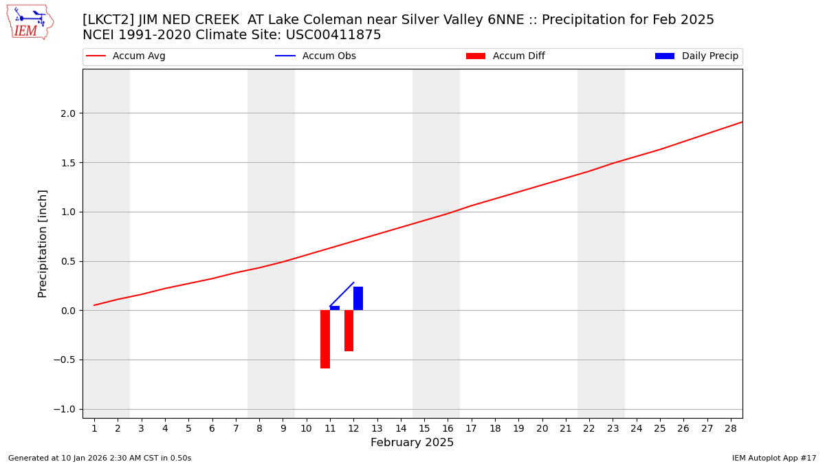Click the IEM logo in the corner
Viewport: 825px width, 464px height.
30,22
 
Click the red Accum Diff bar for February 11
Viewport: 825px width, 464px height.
325,339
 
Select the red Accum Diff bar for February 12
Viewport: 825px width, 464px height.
349,331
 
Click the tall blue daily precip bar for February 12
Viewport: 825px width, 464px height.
358,298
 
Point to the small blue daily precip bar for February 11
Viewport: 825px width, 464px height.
335,308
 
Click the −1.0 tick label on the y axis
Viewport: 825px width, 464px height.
66,410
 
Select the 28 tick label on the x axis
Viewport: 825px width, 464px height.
731,428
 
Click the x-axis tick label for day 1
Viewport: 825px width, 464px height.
94,428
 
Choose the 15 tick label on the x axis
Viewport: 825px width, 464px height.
424,428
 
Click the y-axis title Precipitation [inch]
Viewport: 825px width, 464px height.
43,243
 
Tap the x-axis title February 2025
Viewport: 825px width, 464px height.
412,443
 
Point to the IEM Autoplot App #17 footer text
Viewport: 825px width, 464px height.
773,458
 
